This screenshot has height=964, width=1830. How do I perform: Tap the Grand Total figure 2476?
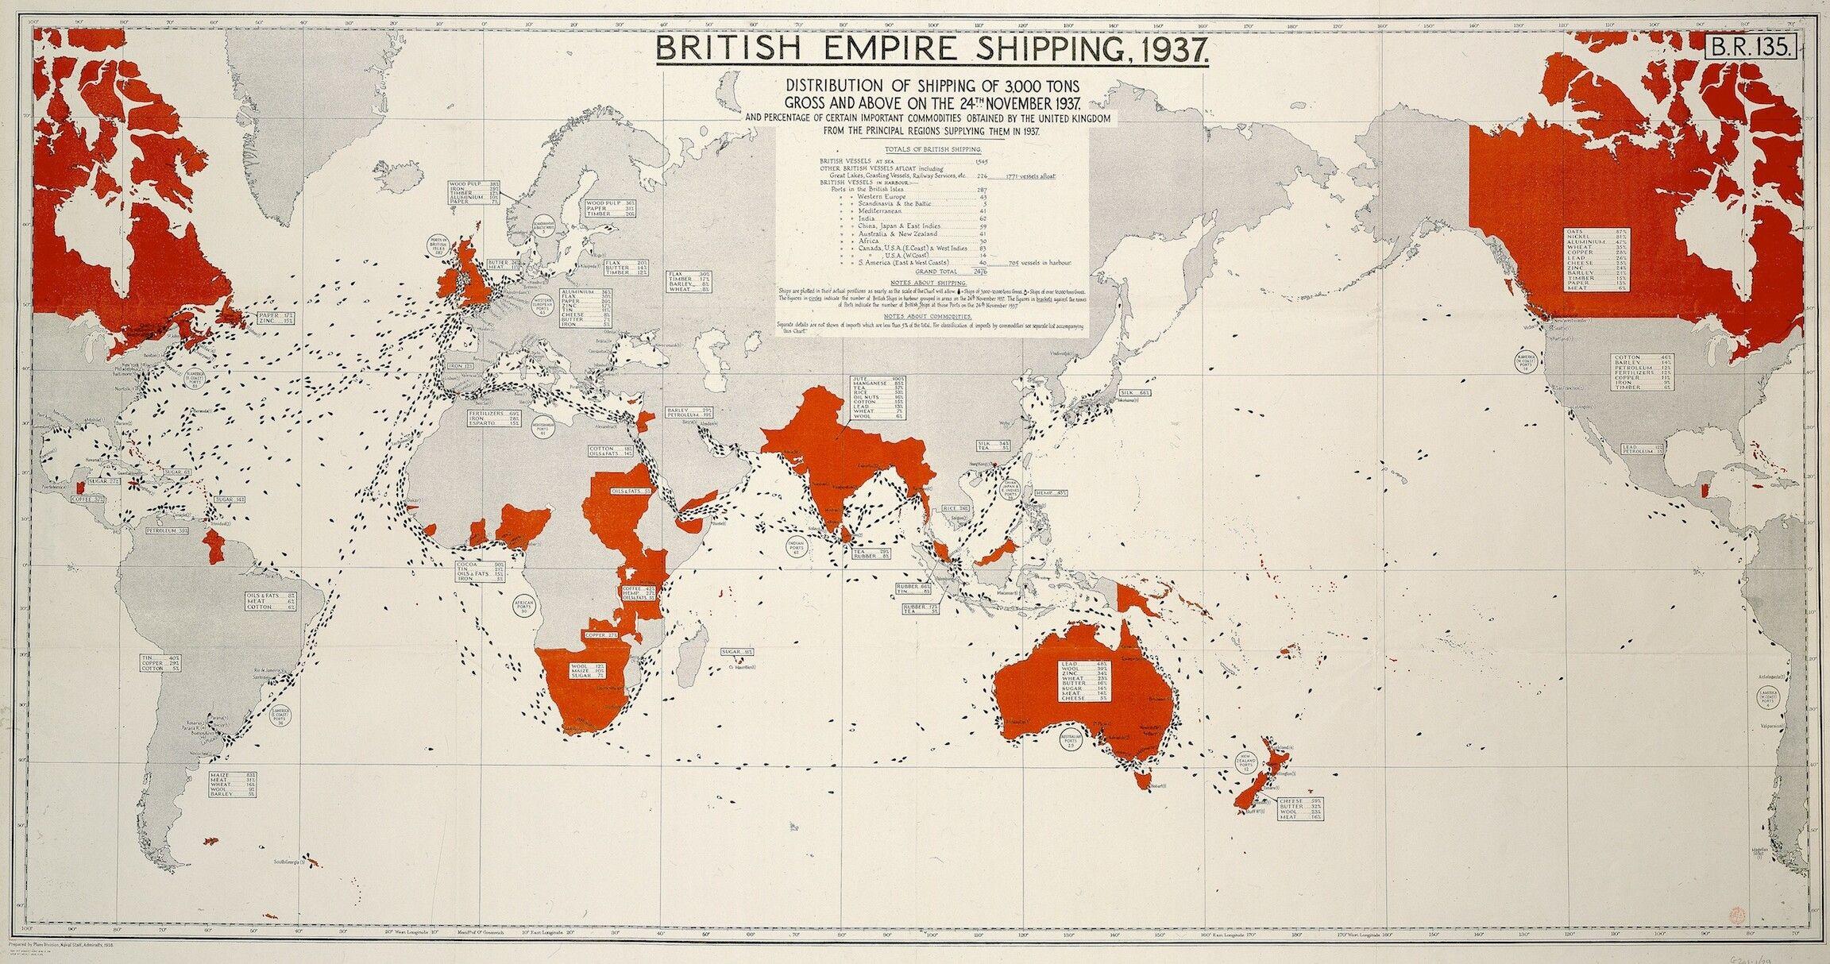975,270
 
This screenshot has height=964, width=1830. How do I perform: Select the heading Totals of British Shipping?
932,149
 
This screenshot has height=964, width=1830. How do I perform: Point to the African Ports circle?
526,607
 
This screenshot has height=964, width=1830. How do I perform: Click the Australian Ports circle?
1071,742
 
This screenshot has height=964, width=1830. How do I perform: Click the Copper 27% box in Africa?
600,635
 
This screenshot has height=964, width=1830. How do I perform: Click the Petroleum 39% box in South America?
166,530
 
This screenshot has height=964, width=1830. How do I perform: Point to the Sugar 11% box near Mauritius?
738,652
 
